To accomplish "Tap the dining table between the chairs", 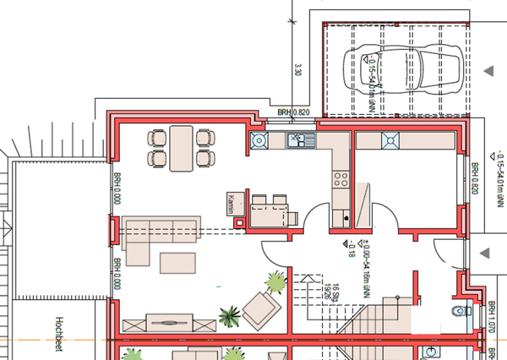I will [180, 148].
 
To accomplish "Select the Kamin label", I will [231, 205].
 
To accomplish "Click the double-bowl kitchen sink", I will [299, 140].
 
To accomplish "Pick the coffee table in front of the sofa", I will [178, 262].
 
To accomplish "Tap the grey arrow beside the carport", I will [488, 69].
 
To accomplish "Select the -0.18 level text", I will [349, 248].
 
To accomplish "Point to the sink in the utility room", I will [392, 140].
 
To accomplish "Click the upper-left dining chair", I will [157, 138].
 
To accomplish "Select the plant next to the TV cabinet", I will [229, 316].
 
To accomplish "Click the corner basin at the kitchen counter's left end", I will [258, 140].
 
